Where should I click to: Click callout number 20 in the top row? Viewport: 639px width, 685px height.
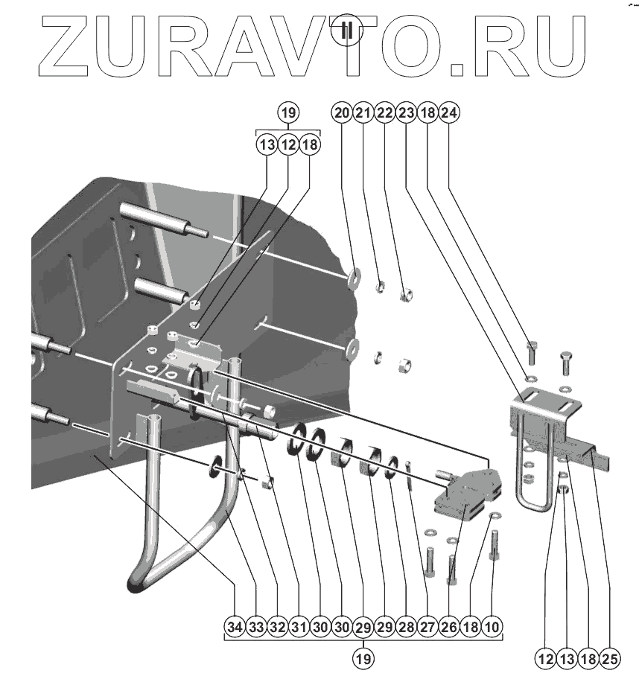tap(342, 113)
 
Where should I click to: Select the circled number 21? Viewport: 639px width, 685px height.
tap(363, 113)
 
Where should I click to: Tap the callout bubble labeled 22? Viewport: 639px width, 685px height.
tap(384, 113)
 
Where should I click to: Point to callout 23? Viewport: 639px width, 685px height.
tap(406, 113)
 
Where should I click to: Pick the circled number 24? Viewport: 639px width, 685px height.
tap(449, 113)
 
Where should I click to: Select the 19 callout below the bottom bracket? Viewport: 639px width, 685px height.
tap(363, 658)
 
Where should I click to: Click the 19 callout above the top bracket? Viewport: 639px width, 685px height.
tap(288, 113)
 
